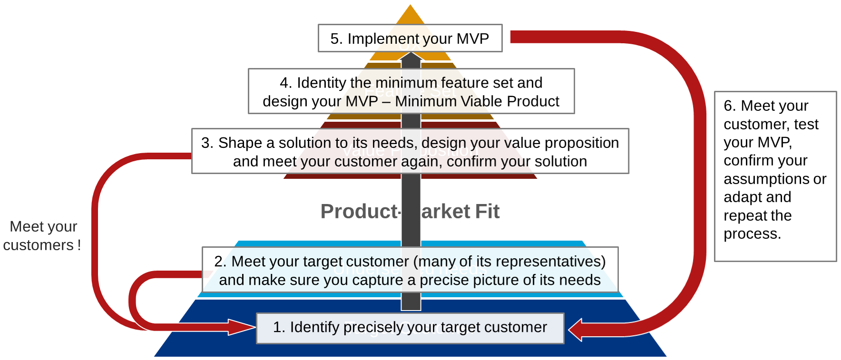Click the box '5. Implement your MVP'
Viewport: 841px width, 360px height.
[410, 39]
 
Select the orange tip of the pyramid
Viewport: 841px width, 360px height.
[410, 15]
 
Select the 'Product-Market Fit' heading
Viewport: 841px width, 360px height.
[410, 212]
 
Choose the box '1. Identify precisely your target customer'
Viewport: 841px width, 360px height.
[410, 328]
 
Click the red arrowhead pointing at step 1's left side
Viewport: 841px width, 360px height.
[243, 327]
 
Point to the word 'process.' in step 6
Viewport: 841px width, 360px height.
[752, 234]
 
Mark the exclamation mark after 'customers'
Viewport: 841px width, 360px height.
[79, 245]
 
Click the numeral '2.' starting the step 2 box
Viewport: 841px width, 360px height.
[220, 261]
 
